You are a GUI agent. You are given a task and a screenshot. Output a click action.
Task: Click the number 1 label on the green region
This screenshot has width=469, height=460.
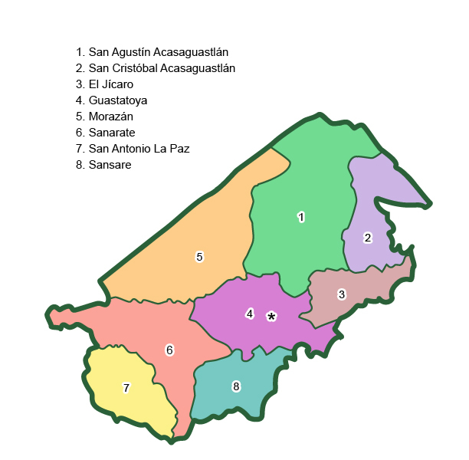tap(301, 217)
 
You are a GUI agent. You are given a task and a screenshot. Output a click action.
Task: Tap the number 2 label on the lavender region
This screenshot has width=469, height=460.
tap(368, 238)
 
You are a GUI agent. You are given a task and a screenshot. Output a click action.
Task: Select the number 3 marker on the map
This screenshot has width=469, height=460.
tap(342, 294)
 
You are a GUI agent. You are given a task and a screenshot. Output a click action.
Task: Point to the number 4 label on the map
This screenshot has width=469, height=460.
tap(250, 313)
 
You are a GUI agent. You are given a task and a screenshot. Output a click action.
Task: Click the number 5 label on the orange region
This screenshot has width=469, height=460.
tap(199, 257)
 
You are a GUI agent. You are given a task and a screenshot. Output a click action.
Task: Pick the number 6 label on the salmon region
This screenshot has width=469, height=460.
tap(169, 350)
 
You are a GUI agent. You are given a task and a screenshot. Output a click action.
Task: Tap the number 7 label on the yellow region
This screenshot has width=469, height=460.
tap(126, 388)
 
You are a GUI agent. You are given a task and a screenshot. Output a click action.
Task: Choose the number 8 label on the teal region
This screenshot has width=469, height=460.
tap(236, 386)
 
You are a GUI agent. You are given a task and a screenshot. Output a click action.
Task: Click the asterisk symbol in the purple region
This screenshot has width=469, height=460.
tap(271, 317)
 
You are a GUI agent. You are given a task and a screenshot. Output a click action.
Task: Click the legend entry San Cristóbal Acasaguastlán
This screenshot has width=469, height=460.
tap(156, 68)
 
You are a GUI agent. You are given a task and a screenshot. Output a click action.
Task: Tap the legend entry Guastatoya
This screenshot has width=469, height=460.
tap(111, 100)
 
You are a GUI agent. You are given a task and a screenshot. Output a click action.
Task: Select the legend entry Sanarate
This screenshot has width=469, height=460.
tap(106, 133)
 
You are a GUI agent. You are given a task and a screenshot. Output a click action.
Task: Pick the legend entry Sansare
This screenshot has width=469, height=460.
tap(103, 165)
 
